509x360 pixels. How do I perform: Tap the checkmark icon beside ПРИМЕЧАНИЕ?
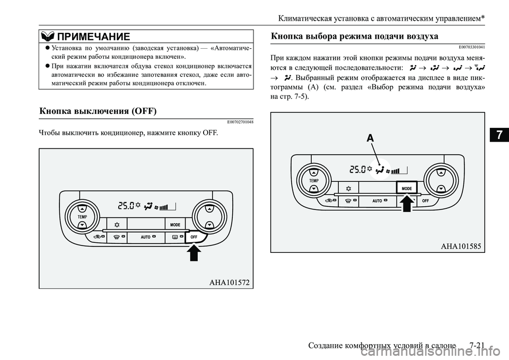[47, 36]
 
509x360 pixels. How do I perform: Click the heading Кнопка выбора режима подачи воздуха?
[354, 36]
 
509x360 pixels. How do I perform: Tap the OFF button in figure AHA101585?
[426, 201]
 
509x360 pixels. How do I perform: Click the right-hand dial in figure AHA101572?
[210, 217]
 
